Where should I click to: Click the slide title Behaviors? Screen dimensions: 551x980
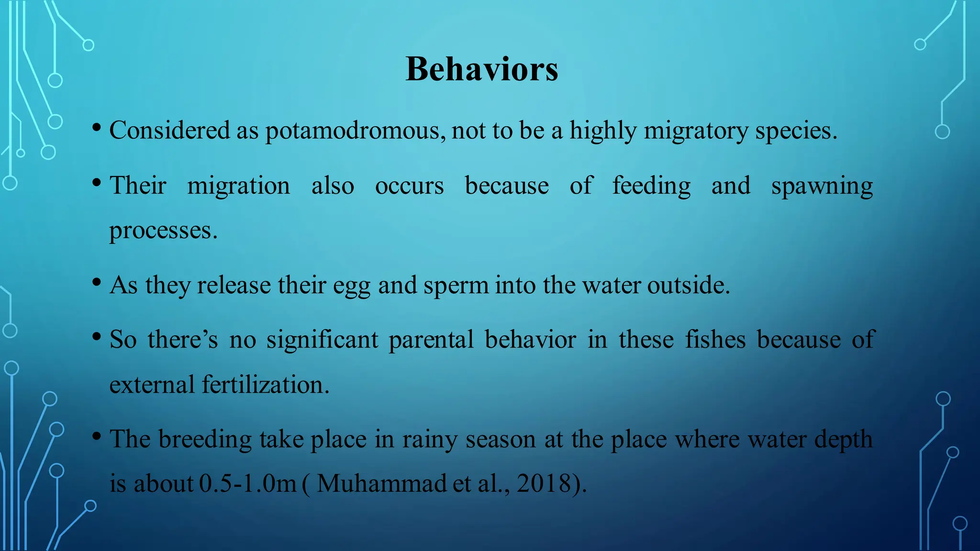click(x=482, y=69)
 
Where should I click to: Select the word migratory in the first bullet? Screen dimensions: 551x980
click(x=696, y=131)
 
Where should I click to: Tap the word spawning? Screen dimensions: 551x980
click(x=822, y=186)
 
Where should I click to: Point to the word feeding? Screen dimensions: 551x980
click(x=651, y=186)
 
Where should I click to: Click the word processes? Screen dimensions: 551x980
click(x=163, y=231)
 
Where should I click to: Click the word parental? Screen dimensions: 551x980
click(x=431, y=340)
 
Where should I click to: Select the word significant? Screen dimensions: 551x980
click(x=322, y=340)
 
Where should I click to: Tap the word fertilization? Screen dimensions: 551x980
click(x=266, y=385)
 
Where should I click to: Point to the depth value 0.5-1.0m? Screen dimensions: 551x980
click(x=247, y=484)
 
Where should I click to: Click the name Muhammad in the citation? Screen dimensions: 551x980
click(x=381, y=484)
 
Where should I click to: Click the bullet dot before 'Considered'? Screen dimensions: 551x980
click(x=97, y=128)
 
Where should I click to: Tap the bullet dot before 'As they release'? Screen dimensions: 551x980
click(x=97, y=283)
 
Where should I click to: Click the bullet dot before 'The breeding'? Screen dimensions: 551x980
click(x=97, y=436)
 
